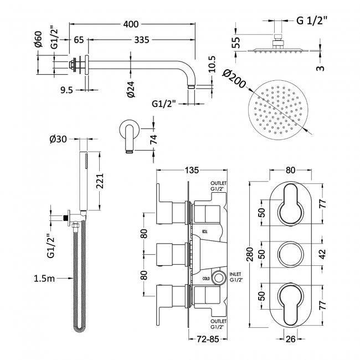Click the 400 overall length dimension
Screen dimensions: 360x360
131,24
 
